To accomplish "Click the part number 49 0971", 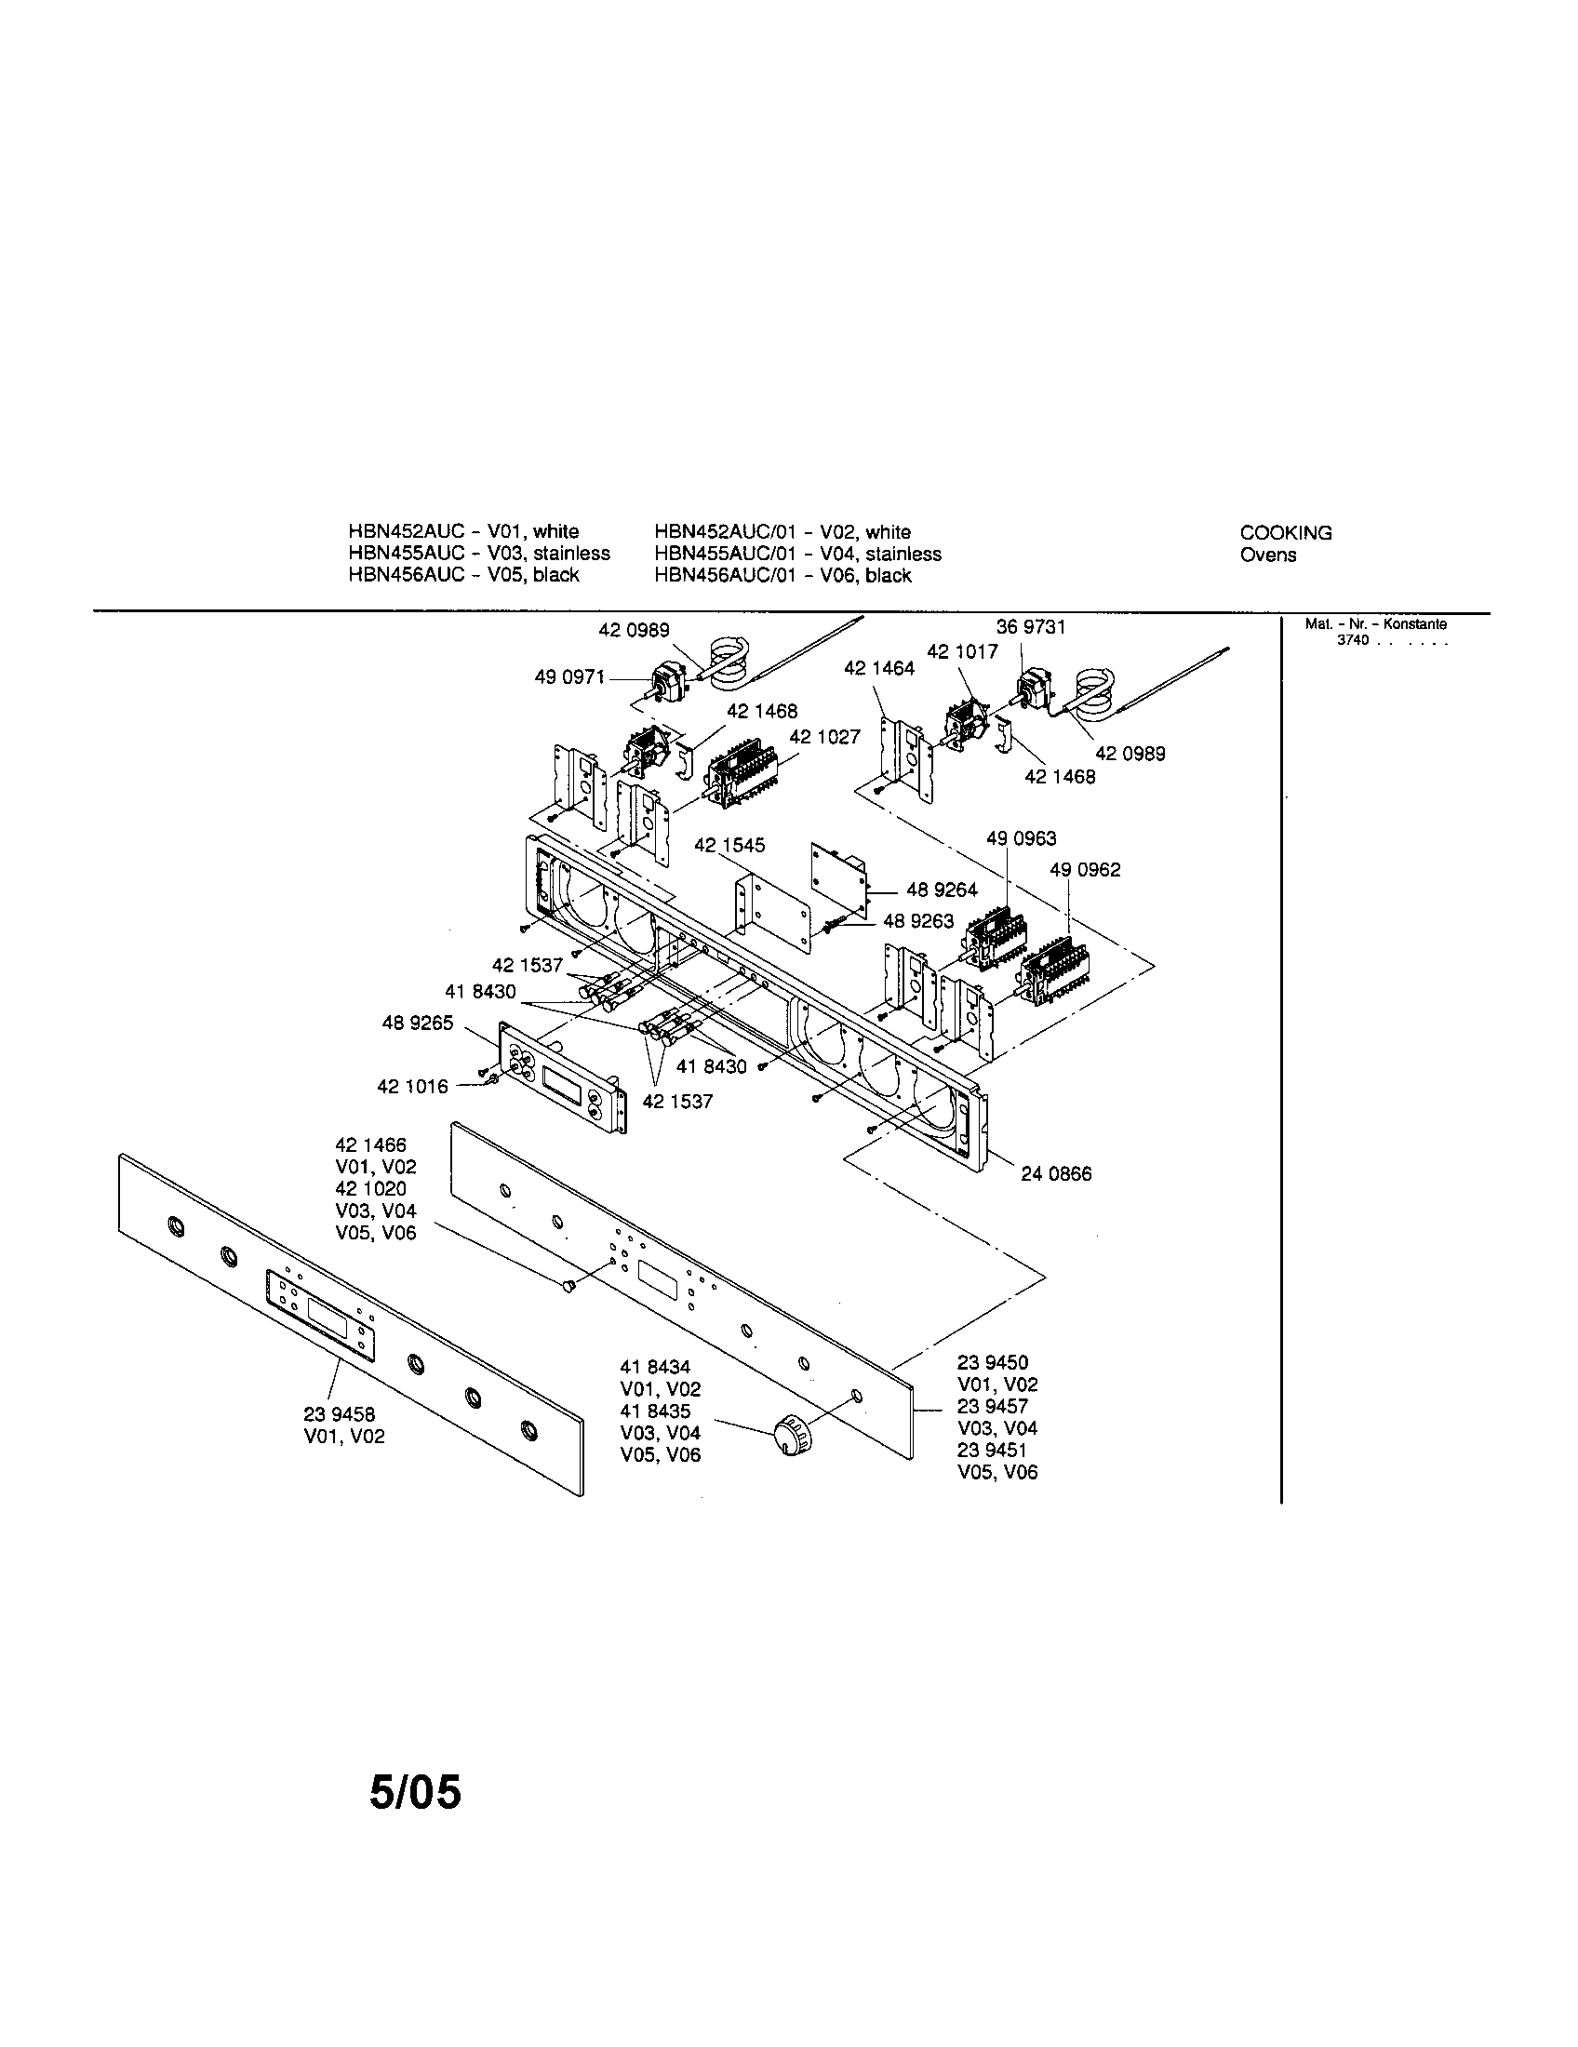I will (x=569, y=676).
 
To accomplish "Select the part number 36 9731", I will (x=1030, y=626).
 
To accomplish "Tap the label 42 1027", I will (x=823, y=737).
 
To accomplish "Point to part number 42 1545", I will (x=729, y=846).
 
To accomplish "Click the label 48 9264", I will (x=942, y=890).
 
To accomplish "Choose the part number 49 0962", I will (x=1085, y=870).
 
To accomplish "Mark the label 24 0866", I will (x=1056, y=1173).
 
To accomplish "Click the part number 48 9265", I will (x=417, y=1023).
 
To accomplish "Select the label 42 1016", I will (x=412, y=1086).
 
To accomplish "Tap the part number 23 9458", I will (x=340, y=1414).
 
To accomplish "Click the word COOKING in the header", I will (x=1285, y=532).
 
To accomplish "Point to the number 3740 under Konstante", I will (x=1353, y=640).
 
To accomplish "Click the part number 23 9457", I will (x=993, y=1406).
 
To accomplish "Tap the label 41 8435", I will (x=655, y=1411).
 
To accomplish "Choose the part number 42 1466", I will (x=371, y=1145).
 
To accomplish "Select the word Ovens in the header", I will (x=1268, y=555).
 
